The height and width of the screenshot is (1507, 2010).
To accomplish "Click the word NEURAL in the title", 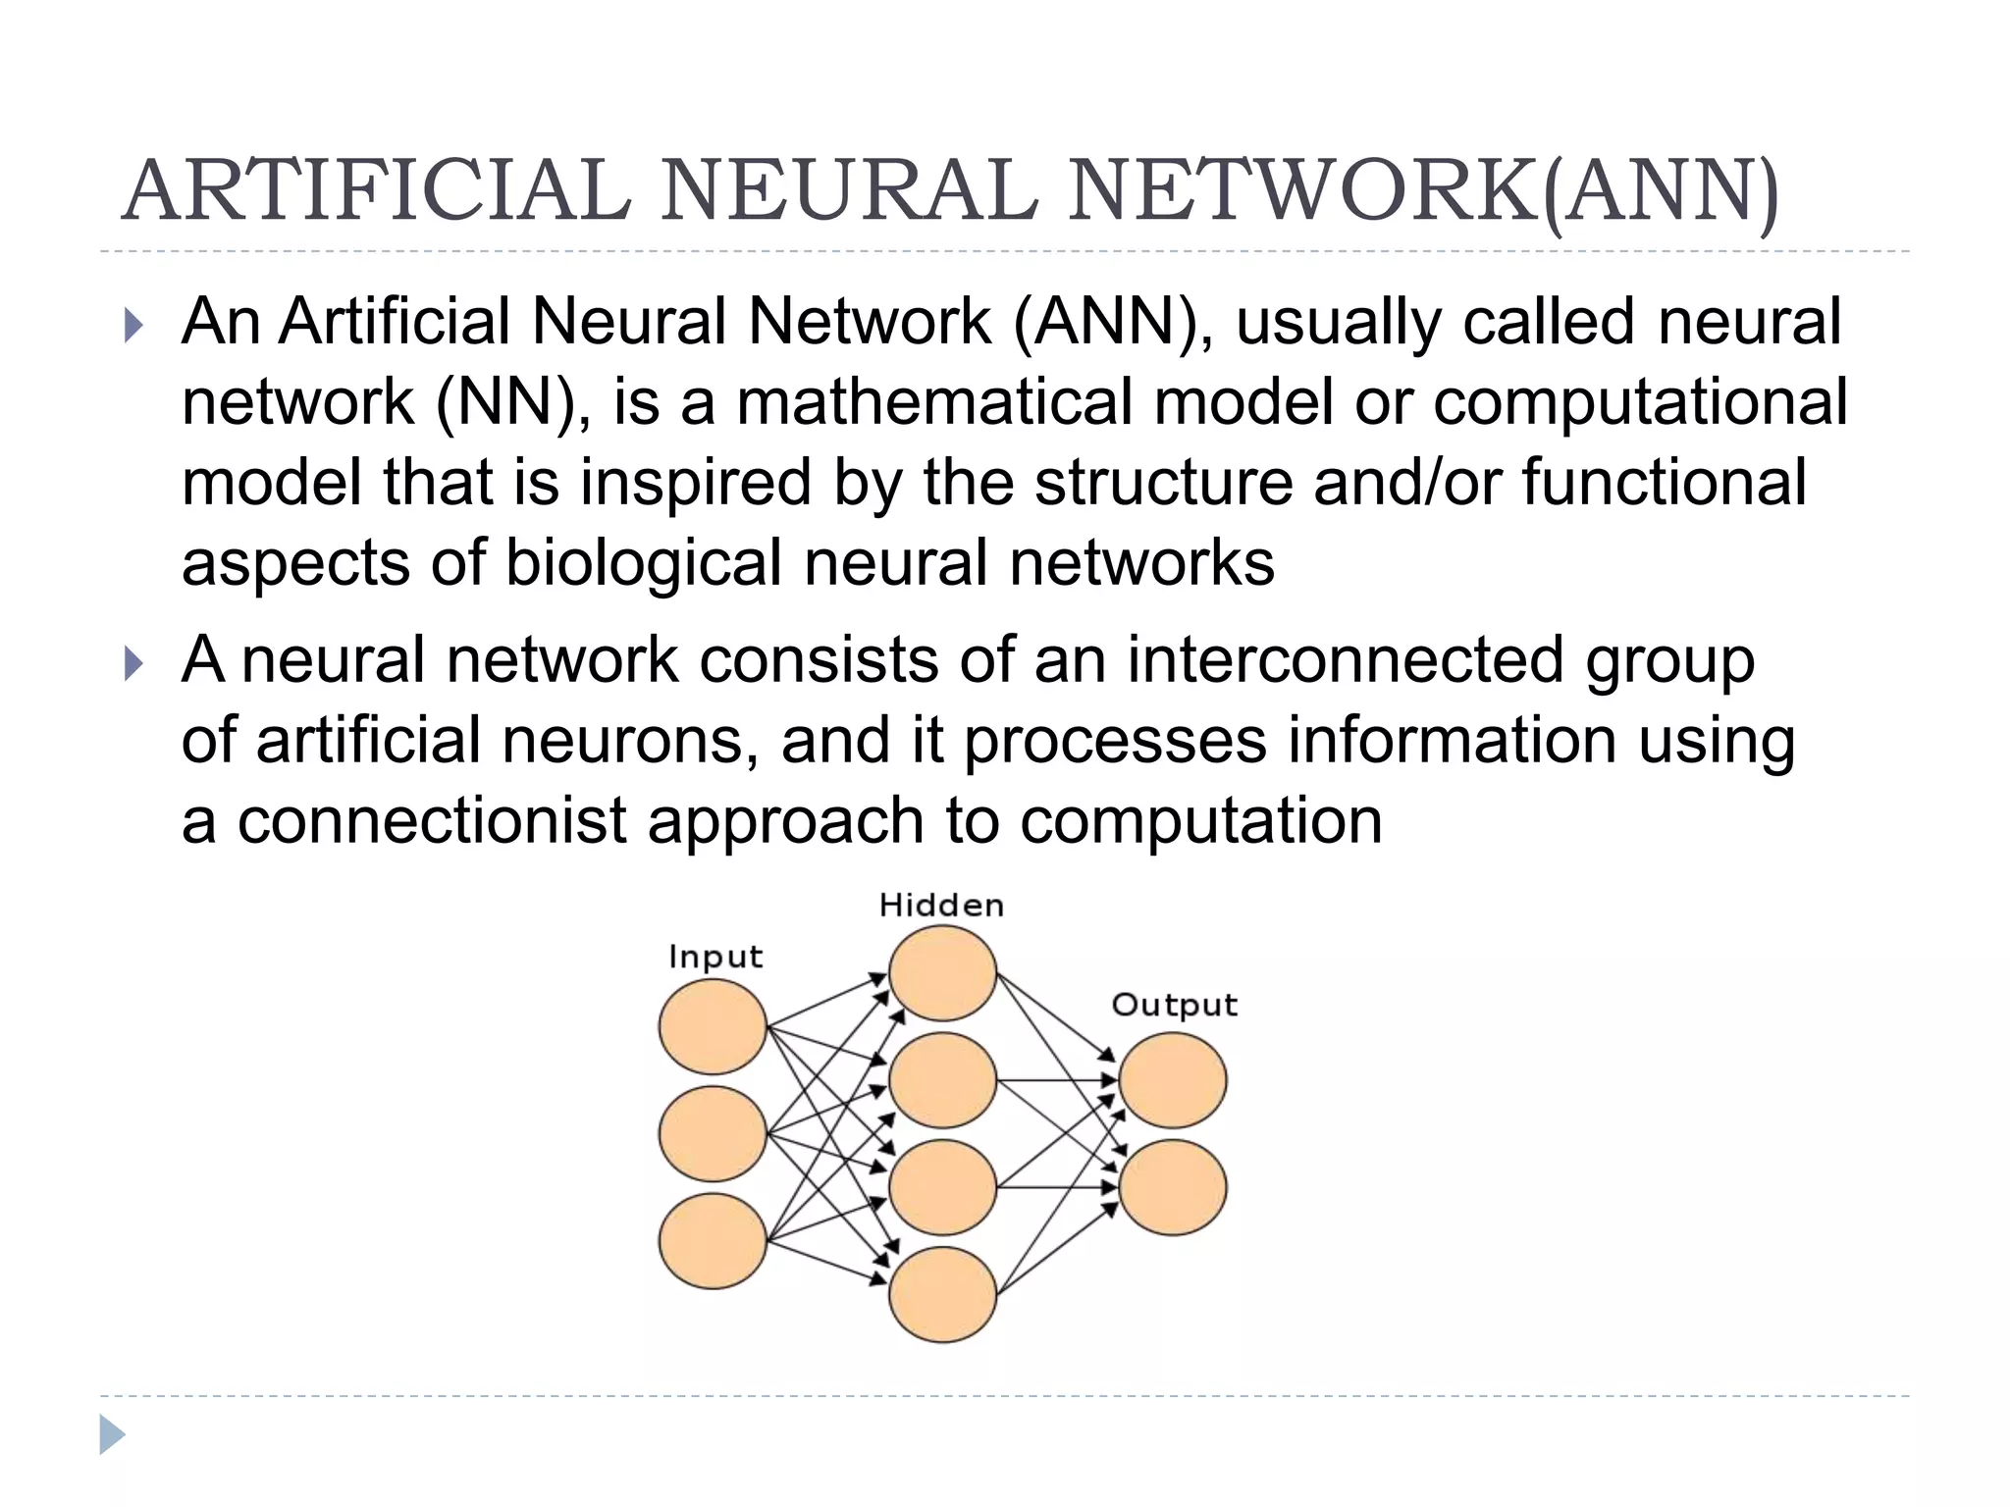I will (849, 191).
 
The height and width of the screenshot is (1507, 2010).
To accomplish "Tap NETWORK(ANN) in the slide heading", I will (1423, 191).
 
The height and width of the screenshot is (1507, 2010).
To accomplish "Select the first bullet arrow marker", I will (134, 325).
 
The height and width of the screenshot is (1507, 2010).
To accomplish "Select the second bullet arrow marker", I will (134, 663).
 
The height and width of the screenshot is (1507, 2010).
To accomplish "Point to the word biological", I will (644, 563).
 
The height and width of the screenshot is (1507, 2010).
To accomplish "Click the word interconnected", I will (1345, 659).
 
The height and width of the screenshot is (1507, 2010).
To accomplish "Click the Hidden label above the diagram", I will (941, 905).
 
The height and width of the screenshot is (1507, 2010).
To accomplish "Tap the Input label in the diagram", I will (715, 956).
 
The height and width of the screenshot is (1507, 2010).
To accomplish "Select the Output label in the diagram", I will (1174, 1005).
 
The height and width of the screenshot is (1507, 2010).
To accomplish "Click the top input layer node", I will (713, 1026).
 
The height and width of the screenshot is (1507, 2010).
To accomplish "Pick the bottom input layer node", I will (713, 1240).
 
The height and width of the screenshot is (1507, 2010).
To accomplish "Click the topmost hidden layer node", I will (942, 973).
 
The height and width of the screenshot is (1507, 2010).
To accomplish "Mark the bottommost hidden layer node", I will (942, 1294).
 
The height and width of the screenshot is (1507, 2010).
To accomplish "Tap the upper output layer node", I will (1173, 1080).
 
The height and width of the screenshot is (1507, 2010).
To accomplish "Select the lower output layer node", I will (1173, 1187).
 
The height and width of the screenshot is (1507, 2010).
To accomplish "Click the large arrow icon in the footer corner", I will (112, 1434).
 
